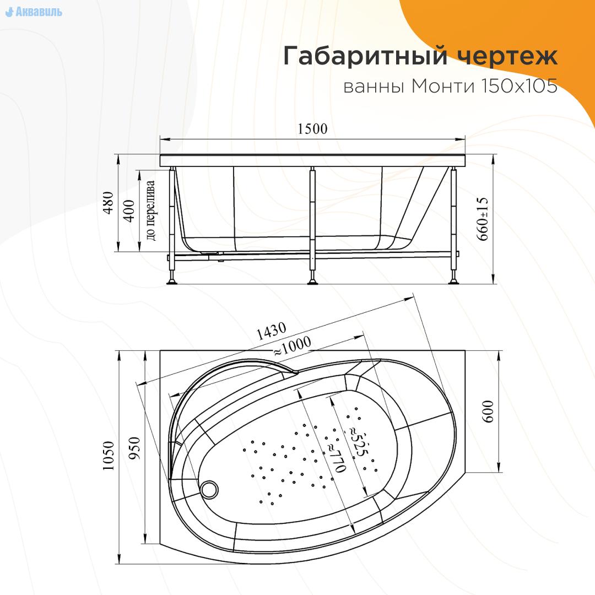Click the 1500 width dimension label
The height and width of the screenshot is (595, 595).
pyautogui.click(x=312, y=129)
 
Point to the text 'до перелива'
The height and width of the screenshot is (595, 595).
pyautogui.click(x=151, y=210)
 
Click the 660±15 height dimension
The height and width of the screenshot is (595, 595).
pyautogui.click(x=483, y=218)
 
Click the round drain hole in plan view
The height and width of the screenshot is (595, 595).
pyautogui.click(x=209, y=488)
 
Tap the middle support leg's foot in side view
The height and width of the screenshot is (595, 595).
pyautogui.click(x=313, y=282)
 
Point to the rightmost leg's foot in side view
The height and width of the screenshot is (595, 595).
pyautogui.click(x=455, y=282)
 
